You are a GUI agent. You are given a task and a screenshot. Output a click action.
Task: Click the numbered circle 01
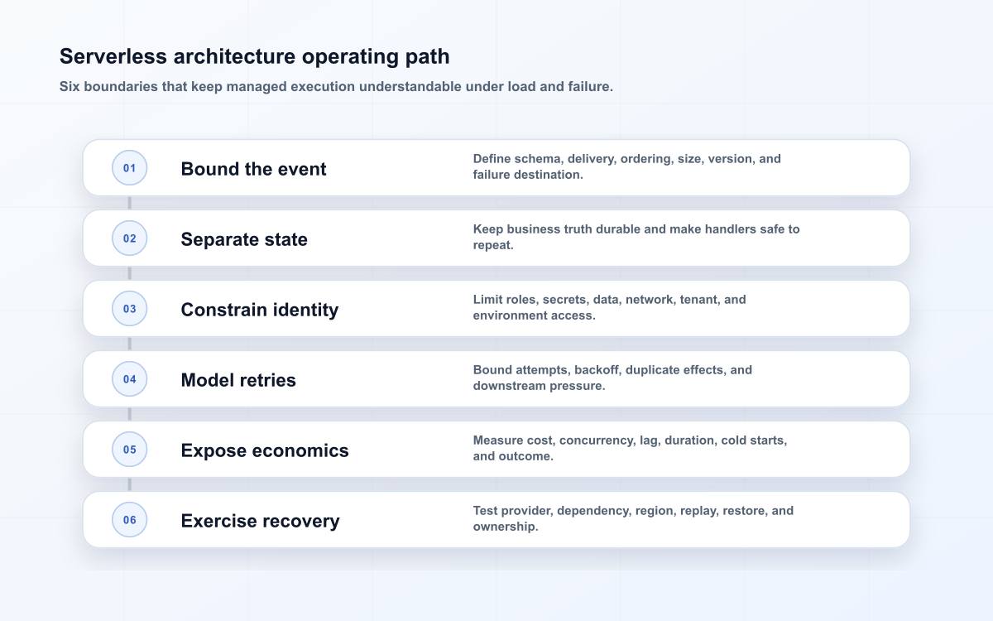point(129,167)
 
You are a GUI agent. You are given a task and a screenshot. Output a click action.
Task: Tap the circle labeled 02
point(129,238)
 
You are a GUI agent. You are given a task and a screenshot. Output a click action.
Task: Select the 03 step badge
point(129,308)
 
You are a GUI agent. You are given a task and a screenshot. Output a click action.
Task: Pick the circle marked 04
point(129,379)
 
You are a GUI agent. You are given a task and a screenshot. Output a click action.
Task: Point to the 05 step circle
point(129,450)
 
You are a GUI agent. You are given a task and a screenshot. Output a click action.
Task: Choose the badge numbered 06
point(129,519)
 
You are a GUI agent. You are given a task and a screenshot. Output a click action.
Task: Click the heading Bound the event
point(253,169)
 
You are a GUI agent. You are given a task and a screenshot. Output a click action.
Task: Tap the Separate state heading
point(244,239)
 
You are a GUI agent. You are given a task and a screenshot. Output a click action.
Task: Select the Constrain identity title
point(260,310)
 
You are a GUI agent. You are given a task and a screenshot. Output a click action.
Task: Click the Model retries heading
point(238,380)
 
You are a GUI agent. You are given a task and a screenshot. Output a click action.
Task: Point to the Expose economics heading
point(265,450)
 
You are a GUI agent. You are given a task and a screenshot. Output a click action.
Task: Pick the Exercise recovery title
point(260,521)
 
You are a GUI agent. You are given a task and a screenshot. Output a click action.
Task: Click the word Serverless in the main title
point(113,56)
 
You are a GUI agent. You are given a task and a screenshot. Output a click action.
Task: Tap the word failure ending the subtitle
point(590,86)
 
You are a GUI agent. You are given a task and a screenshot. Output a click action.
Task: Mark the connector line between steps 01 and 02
point(129,203)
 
